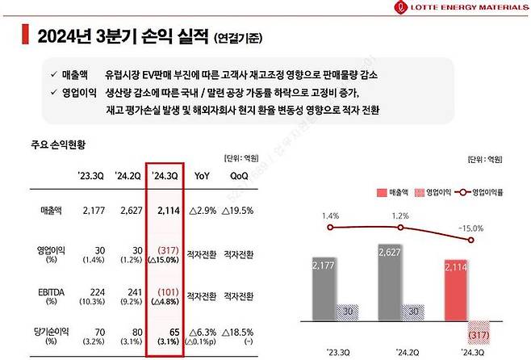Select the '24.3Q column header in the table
click(x=166, y=173)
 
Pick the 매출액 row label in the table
click(x=52, y=211)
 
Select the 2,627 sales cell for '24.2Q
click(x=128, y=211)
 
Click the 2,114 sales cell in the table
click(x=166, y=211)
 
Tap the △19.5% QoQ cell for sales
click(x=239, y=211)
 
